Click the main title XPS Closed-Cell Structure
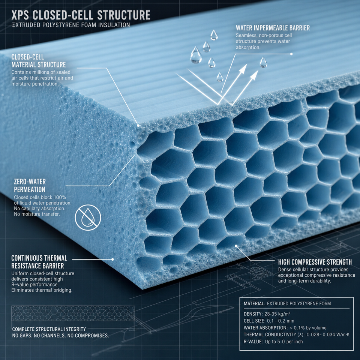click(81, 15)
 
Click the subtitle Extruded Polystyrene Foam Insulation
click(71, 25)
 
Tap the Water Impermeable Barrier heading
click(273, 28)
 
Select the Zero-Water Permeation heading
click(30, 186)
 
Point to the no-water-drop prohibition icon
click(88, 217)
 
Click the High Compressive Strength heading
click(315, 262)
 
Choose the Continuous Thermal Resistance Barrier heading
click(39, 262)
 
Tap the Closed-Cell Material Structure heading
click(39, 61)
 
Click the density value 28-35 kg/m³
click(277, 314)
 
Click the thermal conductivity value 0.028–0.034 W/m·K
click(328, 334)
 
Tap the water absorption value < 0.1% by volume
click(308, 328)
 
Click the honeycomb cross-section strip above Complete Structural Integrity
click(73, 313)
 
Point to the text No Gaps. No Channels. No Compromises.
click(61, 335)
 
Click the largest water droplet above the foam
click(196, 55)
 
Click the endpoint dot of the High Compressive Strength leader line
click(236, 246)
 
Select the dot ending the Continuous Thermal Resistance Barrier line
click(112, 259)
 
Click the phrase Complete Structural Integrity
click(49, 329)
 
